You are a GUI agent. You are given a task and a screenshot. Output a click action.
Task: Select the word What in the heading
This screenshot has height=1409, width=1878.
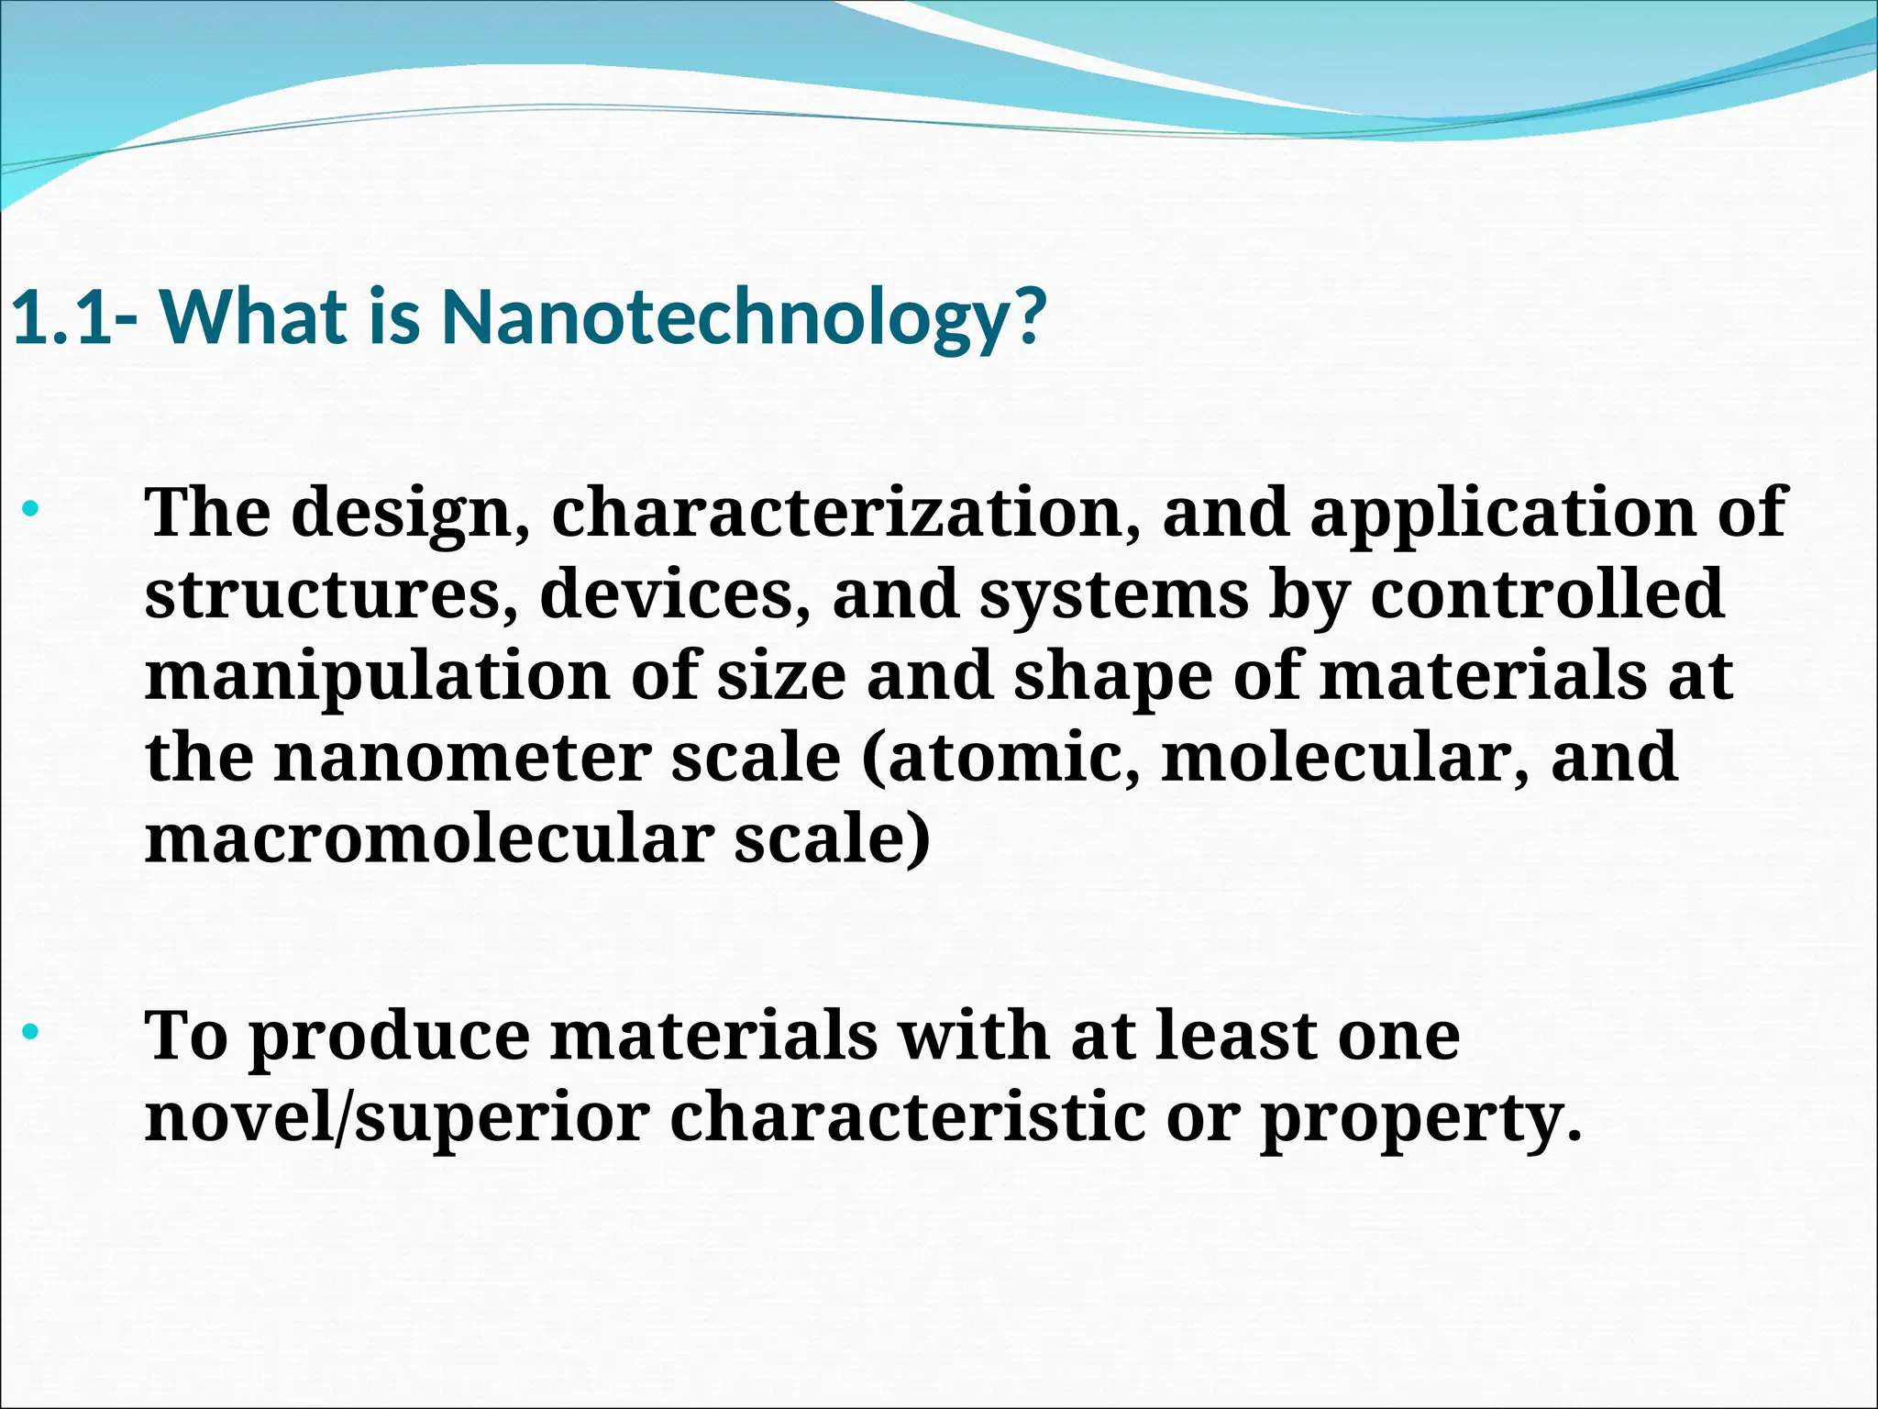(x=254, y=317)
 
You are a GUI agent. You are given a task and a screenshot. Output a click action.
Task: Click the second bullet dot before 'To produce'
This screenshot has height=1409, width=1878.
(x=31, y=1032)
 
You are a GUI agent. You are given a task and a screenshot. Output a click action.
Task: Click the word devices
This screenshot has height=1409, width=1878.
(x=674, y=595)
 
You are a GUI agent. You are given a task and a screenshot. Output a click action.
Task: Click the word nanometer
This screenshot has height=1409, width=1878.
(x=463, y=759)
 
